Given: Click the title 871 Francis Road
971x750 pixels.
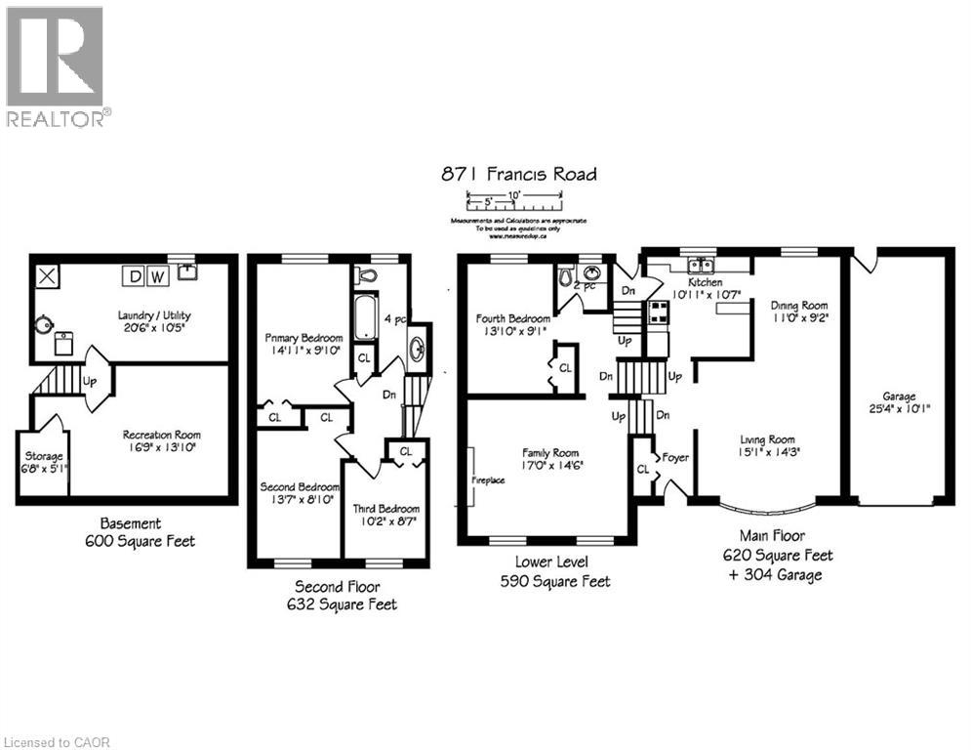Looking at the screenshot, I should [516, 175].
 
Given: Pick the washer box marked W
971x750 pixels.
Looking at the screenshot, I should [156, 276].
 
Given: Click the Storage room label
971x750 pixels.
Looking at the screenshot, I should [45, 456].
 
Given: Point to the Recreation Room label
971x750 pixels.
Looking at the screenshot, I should [161, 435].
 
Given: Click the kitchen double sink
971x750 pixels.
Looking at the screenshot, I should [701, 265].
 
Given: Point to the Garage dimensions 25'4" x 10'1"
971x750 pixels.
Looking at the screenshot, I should [899, 409].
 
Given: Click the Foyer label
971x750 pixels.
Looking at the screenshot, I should [675, 457].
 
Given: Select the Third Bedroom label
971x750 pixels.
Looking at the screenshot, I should [386, 509].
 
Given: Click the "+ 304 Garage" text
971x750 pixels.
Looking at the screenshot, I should [772, 574].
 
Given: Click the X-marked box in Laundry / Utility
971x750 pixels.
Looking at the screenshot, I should [46, 275].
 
